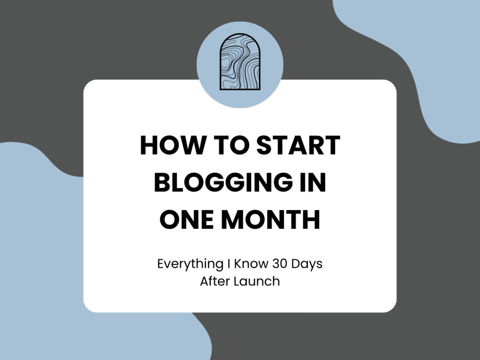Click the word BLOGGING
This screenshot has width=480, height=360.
pyautogui.click(x=219, y=183)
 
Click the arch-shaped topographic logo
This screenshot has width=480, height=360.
pyautogui.click(x=240, y=61)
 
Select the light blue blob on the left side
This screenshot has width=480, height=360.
pyautogui.click(x=42, y=234)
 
